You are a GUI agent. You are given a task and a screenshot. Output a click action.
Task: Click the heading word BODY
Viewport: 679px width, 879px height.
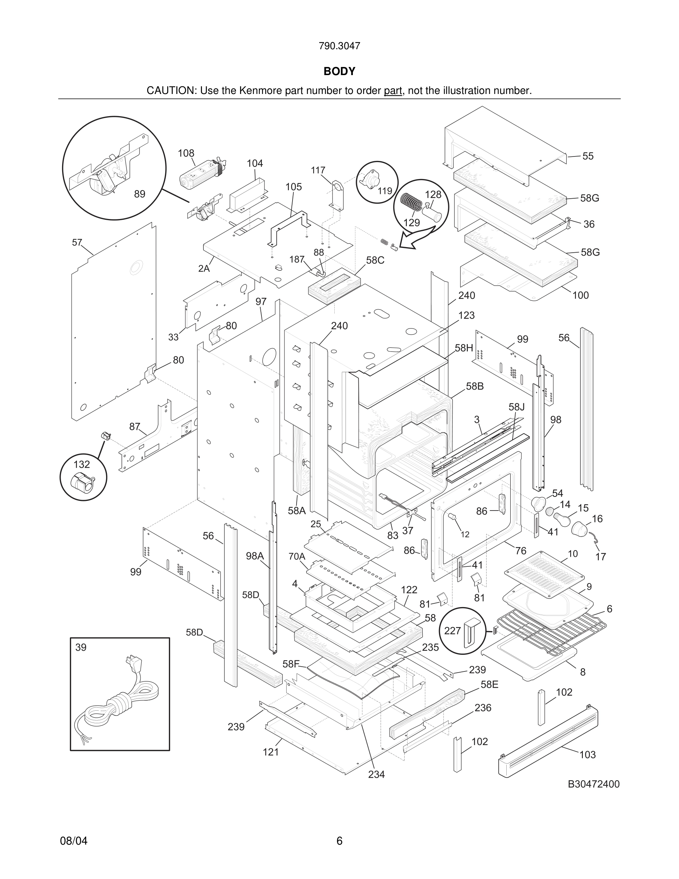click(x=339, y=71)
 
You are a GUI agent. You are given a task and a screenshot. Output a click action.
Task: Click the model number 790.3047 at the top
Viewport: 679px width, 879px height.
click(x=339, y=46)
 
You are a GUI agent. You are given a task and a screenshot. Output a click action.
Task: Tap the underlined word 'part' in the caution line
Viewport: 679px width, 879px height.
click(x=393, y=91)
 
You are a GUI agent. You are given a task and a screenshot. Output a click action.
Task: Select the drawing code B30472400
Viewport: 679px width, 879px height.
click(x=593, y=784)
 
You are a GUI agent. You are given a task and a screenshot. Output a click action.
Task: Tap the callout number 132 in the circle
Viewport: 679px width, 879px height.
click(x=82, y=464)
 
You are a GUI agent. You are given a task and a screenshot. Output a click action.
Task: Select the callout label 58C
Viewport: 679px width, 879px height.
click(x=375, y=260)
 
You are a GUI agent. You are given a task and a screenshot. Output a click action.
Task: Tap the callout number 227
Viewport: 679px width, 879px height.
click(x=452, y=631)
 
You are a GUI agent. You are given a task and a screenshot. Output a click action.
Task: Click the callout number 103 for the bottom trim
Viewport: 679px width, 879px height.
click(x=587, y=755)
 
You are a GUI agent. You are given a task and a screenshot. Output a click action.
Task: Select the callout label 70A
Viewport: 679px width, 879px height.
click(x=297, y=557)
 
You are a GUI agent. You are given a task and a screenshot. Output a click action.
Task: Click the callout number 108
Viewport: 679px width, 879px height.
click(x=186, y=153)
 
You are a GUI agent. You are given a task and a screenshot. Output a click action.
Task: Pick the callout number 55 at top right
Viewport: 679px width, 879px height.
click(x=588, y=156)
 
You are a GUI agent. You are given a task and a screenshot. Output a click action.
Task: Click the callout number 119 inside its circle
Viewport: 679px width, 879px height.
click(x=385, y=191)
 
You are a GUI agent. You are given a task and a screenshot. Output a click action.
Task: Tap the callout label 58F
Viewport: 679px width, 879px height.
click(x=291, y=664)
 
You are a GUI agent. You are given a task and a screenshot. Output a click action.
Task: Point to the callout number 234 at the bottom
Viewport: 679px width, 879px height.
click(x=376, y=774)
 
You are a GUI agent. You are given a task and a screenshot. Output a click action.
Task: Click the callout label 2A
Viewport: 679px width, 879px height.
click(x=204, y=269)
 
